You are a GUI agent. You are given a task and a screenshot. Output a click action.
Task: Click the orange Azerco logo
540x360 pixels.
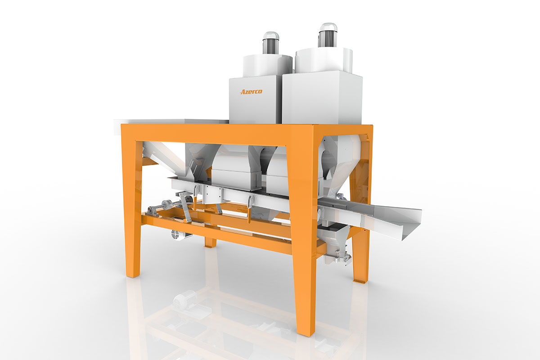(251, 91)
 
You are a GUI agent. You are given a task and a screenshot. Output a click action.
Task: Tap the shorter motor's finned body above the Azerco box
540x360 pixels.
(271, 47)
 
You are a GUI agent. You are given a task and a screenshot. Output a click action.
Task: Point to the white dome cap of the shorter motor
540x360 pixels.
(271, 36)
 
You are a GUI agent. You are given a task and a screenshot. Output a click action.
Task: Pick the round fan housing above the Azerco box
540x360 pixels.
(268, 66)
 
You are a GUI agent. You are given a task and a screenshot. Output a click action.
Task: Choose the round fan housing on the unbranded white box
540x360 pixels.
(324, 60)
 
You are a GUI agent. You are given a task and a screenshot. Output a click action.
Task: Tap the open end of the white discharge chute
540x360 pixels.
(412, 224)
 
